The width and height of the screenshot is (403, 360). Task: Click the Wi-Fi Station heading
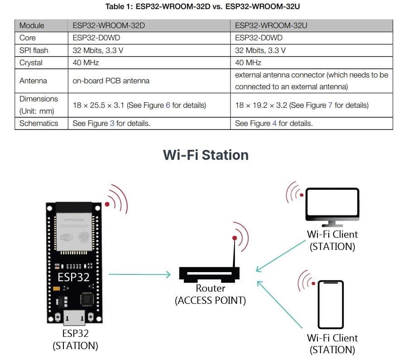[x=206, y=155]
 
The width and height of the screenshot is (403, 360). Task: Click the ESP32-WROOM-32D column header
[x=109, y=26]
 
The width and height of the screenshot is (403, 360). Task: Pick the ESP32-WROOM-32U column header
[x=271, y=26]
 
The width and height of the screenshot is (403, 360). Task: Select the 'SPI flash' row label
[x=34, y=50]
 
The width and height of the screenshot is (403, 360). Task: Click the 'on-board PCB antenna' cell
[x=111, y=81]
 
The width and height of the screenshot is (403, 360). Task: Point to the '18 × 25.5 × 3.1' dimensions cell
[x=139, y=105]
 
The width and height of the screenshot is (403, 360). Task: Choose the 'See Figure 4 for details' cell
[x=274, y=123]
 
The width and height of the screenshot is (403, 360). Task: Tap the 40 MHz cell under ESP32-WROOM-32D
[x=86, y=62]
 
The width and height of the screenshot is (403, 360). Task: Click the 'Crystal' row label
[x=31, y=62]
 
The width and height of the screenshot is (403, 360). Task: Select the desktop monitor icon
[x=332, y=207]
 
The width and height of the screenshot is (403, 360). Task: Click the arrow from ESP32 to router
[x=139, y=274]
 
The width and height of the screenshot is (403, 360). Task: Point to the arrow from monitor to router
[x=281, y=255]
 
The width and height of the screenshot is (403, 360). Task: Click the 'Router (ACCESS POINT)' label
[x=210, y=294]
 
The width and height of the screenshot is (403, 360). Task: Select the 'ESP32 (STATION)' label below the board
[x=75, y=340]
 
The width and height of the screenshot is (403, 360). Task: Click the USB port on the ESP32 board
[x=74, y=318]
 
